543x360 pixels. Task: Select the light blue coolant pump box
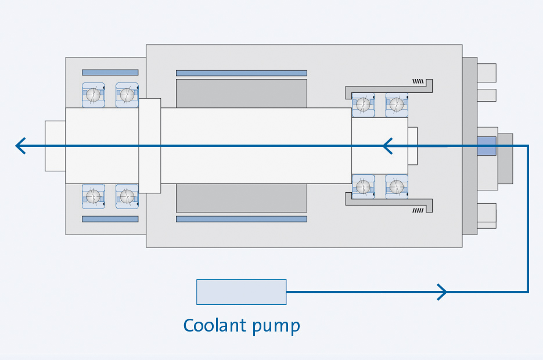241,291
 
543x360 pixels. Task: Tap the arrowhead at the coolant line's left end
20,146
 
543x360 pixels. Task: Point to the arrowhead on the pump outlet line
443,291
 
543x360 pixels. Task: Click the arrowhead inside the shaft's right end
387,146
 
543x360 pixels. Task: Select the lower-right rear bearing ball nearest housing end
397,187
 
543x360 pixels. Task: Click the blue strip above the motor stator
241,73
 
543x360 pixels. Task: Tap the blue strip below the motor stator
241,219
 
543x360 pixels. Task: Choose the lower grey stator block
241,198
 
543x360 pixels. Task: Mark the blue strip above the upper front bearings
110,73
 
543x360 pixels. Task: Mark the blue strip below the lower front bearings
110,219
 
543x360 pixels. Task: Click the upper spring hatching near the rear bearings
418,81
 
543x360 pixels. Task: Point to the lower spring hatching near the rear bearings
418,210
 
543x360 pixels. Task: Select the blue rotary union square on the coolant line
487,146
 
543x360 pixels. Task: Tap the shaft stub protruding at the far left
55,146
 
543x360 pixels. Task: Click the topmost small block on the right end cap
487,73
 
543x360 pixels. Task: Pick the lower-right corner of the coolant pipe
527,291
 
